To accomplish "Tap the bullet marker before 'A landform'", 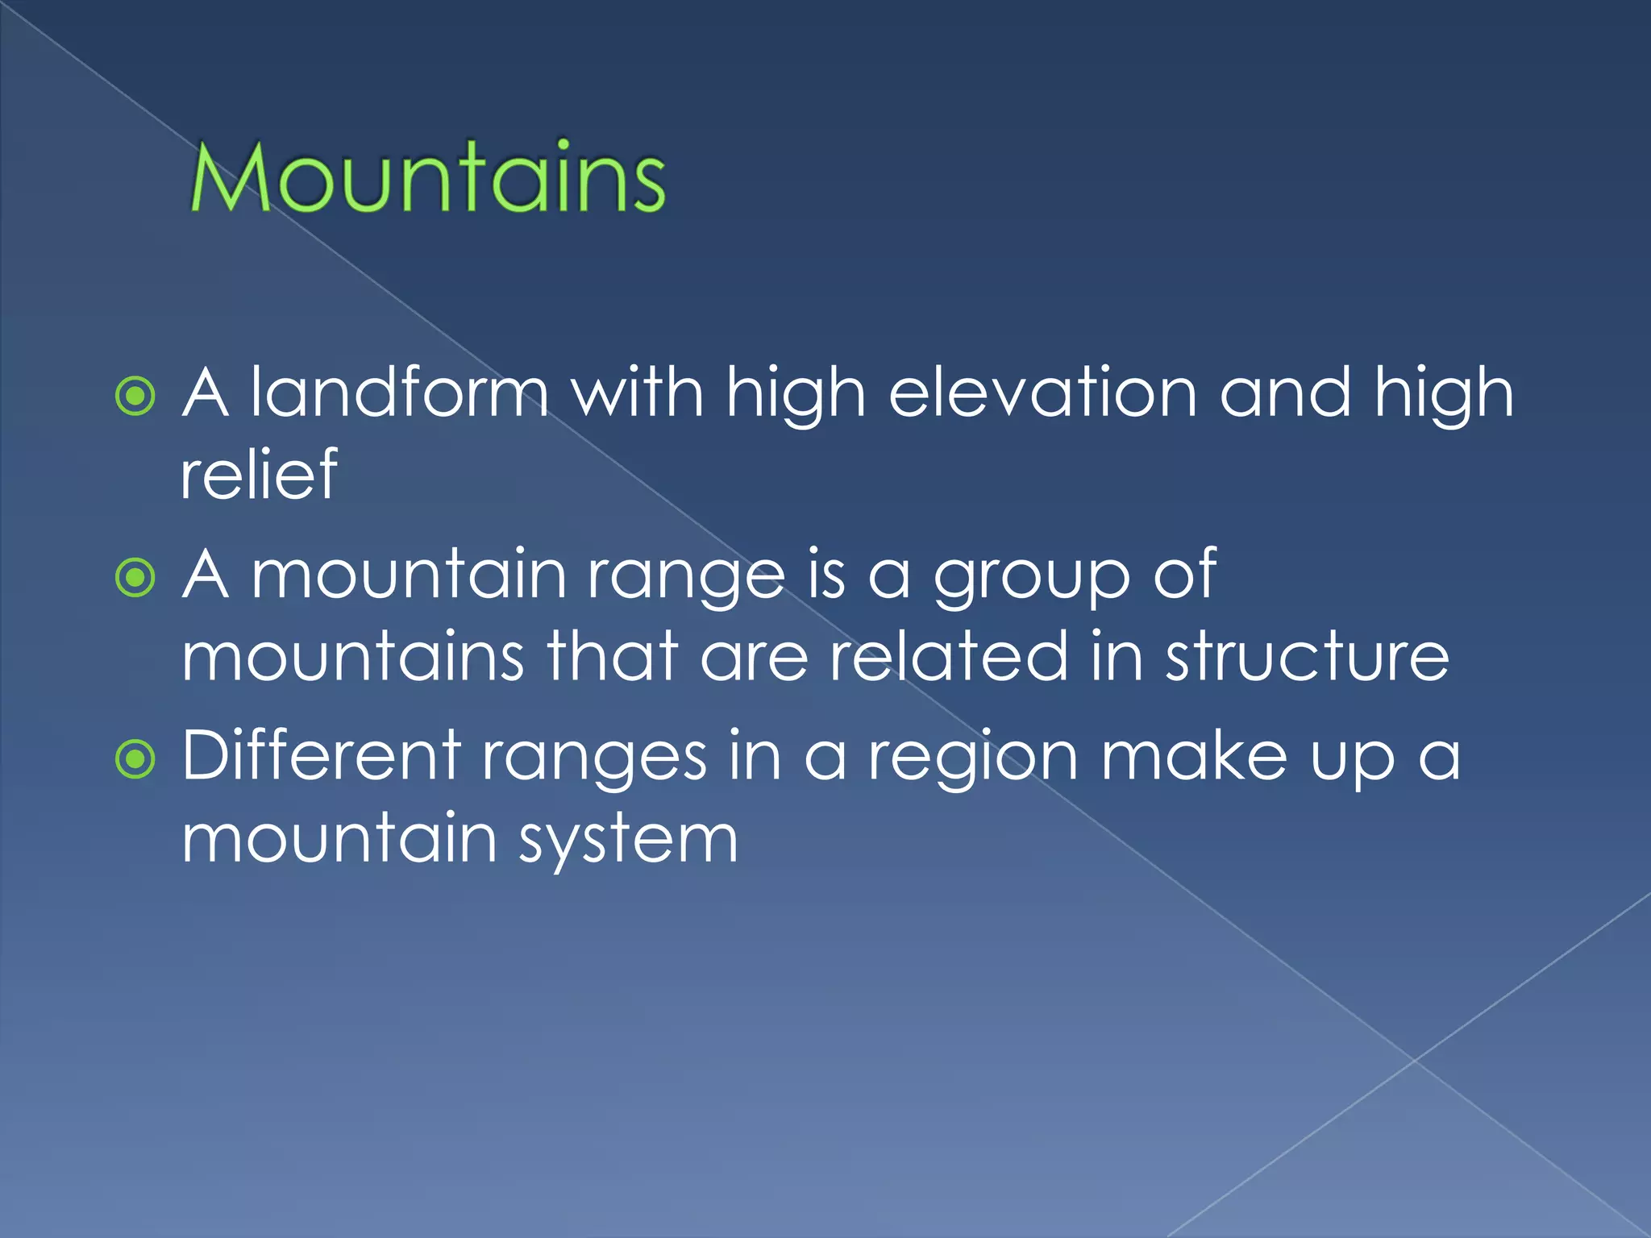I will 135,397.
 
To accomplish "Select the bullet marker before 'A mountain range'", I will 135,578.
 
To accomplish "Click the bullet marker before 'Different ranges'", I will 135,759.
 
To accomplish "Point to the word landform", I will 399,393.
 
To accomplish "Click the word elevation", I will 1042,393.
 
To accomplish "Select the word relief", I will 259,475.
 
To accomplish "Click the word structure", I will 1307,656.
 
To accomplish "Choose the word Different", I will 321,755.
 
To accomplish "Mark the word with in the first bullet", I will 637,393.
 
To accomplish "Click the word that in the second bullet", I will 612,656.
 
